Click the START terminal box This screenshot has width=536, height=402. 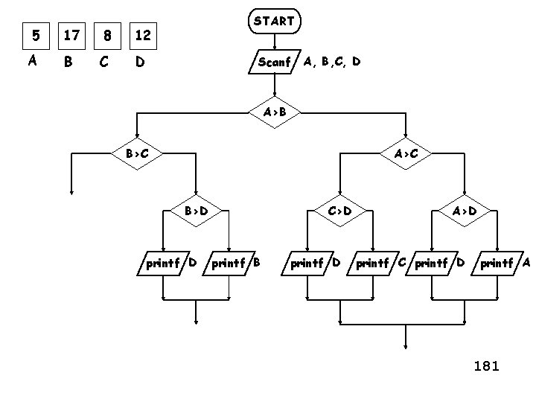274,22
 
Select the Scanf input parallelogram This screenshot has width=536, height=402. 274,63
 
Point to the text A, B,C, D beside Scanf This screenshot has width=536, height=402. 332,62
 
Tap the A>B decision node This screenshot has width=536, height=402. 274,112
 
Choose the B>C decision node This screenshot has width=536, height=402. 135,154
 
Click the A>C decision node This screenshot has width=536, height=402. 405,154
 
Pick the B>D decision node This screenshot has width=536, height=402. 196,211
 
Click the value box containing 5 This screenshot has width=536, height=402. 33,35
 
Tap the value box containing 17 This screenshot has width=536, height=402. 71,35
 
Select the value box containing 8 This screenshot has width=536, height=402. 107,35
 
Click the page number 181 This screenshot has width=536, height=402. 486,366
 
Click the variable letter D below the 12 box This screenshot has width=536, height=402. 138,63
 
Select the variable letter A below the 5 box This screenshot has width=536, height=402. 32,62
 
